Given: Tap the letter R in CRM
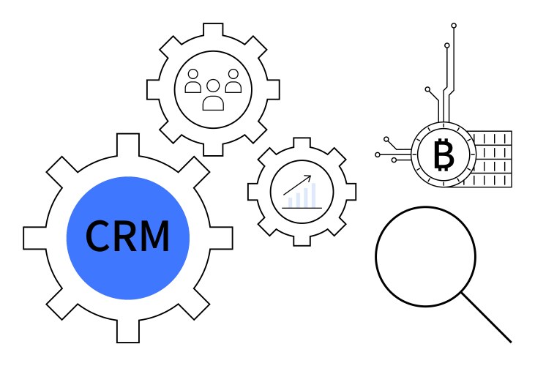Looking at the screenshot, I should click(127, 236).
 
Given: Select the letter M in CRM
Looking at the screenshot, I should click(155, 236).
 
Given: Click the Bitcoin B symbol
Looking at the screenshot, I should click(444, 155).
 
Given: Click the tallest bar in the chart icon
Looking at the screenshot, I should click(314, 195).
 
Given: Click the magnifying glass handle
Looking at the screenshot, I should click(486, 318).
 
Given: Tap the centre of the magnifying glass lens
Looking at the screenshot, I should click(426, 255).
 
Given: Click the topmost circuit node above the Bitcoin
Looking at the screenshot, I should click(454, 26).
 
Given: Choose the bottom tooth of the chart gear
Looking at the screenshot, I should click(302, 238).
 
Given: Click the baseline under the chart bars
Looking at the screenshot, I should click(302, 208).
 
